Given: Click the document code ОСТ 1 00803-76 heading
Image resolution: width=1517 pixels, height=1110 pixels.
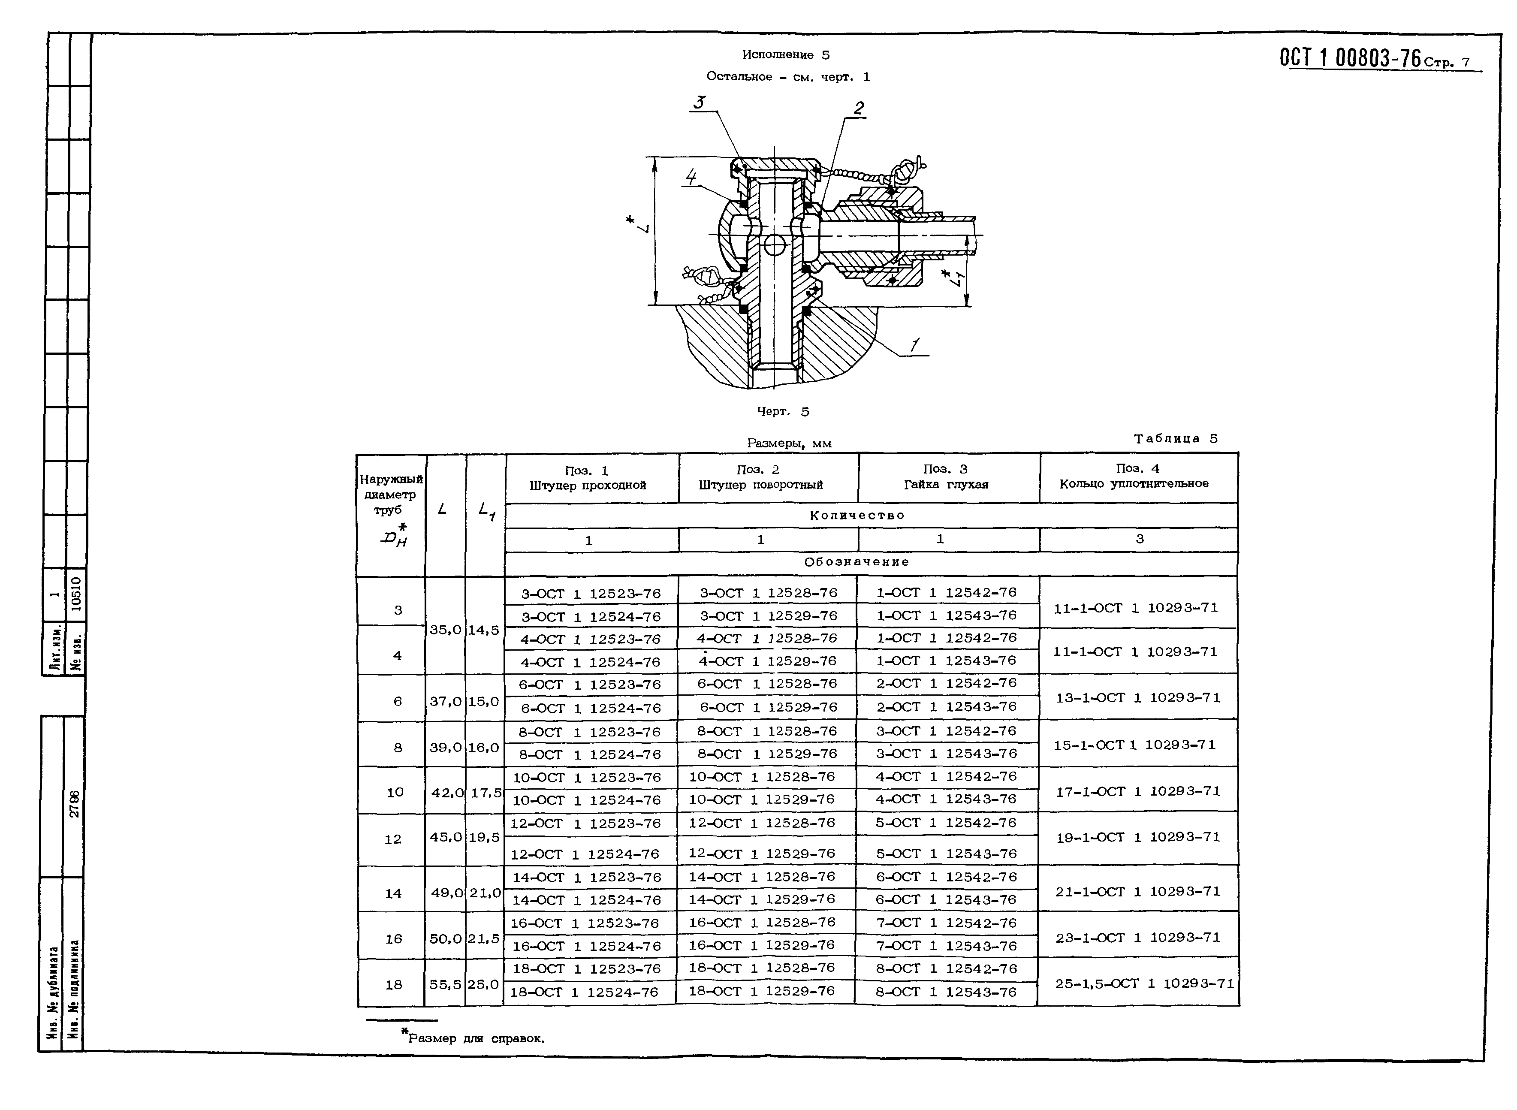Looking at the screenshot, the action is tap(1351, 58).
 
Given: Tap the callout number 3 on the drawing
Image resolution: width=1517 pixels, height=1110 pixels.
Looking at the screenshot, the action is tap(700, 102).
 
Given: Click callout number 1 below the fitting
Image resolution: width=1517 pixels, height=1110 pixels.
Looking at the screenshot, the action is tap(914, 345).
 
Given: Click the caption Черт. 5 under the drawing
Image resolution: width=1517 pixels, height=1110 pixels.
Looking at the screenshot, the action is tap(783, 411).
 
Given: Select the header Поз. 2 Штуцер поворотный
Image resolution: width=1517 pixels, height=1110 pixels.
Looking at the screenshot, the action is tap(760, 477).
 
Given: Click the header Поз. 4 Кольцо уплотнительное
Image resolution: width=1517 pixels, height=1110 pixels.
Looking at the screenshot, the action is tap(1134, 476).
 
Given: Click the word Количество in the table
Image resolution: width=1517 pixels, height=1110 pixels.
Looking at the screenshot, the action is tap(857, 516).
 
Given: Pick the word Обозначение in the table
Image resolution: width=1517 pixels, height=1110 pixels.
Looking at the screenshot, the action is tap(857, 562).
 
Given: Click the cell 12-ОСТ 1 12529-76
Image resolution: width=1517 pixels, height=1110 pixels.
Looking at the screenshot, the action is tap(762, 854).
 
